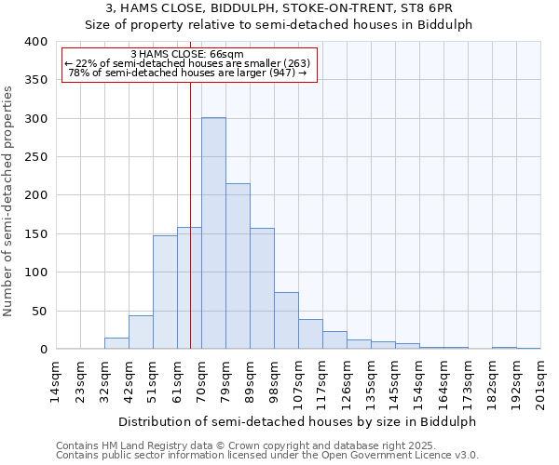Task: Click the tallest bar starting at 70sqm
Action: (213, 233)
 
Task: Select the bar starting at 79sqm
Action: (238, 266)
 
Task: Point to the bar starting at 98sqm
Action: (286, 321)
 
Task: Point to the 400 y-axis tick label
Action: (35, 42)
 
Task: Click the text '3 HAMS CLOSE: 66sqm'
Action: (188, 54)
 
